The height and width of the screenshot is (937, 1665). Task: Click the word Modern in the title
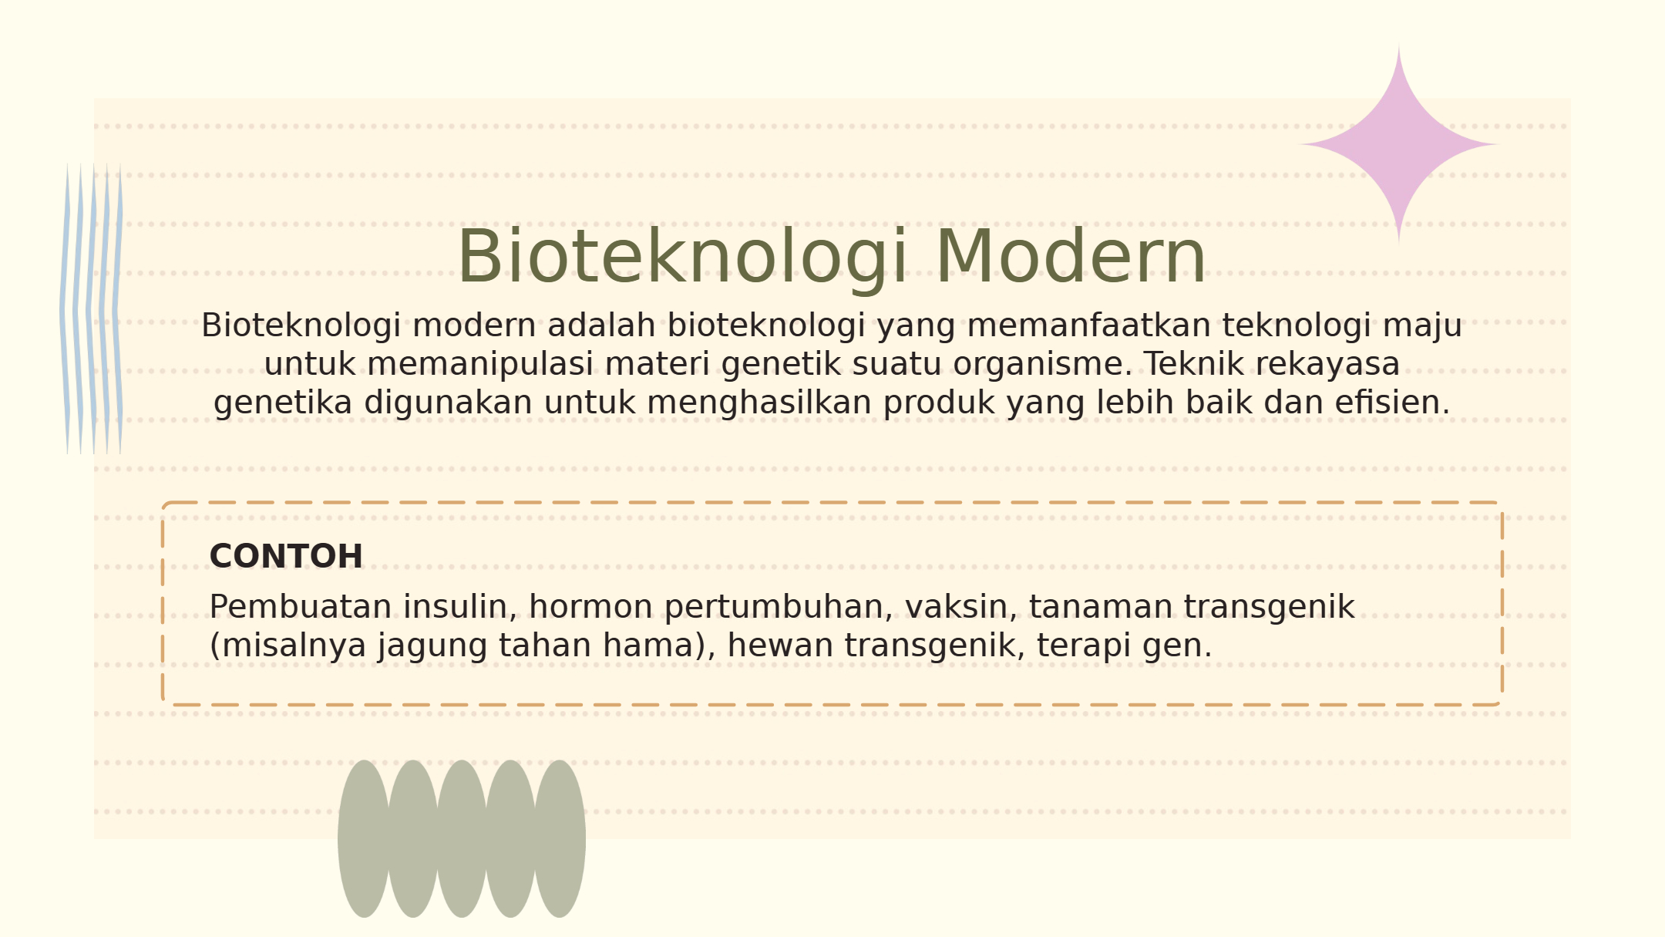pyautogui.click(x=1071, y=257)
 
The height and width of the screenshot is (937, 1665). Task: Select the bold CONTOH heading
pyautogui.click(x=286, y=556)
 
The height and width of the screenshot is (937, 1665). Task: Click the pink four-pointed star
pyautogui.click(x=1399, y=144)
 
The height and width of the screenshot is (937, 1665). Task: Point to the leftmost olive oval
pyautogui.click(x=364, y=839)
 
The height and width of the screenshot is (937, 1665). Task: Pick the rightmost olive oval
pyautogui.click(x=559, y=839)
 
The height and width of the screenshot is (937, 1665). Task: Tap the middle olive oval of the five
pyautogui.click(x=461, y=839)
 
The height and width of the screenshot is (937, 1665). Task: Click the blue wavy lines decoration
pyautogui.click(x=91, y=308)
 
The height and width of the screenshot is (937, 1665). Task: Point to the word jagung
pyautogui.click(x=432, y=646)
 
